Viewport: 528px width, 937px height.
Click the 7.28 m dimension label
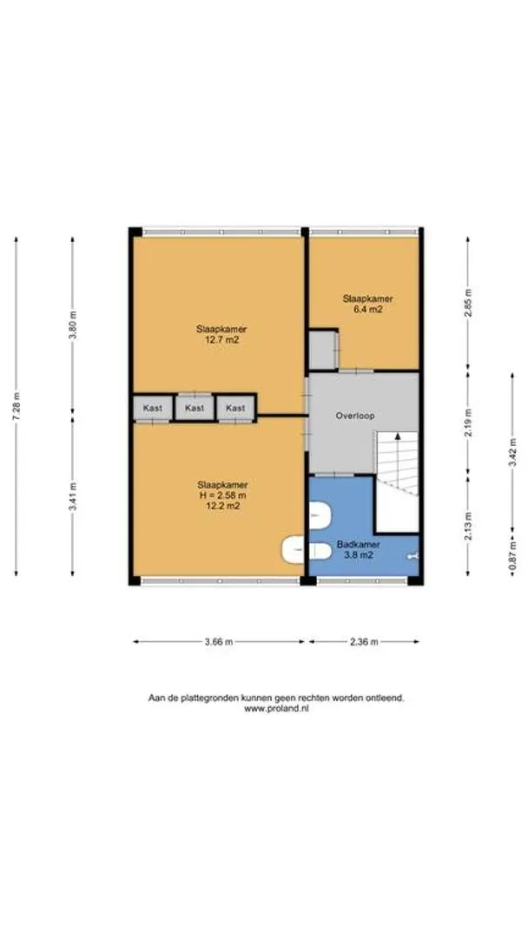16,407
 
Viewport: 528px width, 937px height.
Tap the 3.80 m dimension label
73,325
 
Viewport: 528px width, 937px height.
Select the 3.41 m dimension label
73,496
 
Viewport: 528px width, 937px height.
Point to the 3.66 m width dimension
219,642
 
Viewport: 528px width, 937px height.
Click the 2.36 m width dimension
364,642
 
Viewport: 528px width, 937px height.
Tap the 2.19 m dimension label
468,423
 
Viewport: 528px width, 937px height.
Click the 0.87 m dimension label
512,555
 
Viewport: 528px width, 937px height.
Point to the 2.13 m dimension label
468,527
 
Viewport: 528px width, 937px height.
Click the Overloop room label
355,416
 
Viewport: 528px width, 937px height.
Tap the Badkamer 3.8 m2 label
358,550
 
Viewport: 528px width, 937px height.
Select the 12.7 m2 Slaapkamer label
221,335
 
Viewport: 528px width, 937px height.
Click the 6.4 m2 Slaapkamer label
367,305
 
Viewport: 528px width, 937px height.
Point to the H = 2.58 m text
222,495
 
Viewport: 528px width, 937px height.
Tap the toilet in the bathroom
320,515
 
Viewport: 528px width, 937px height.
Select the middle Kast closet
195,408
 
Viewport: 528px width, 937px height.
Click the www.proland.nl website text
276,709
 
